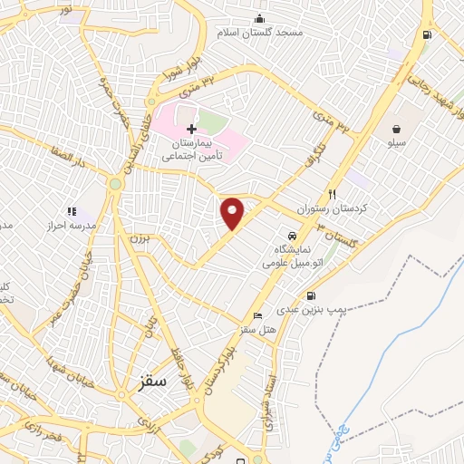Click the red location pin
click(233, 213)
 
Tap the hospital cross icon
click(191, 130)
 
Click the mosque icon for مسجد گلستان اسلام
click(260, 19)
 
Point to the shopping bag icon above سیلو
click(399, 128)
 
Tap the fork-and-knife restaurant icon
click(333, 194)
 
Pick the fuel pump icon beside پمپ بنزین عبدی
click(312, 295)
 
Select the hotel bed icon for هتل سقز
click(259, 314)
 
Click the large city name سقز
click(154, 381)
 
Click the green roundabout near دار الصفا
click(115, 184)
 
